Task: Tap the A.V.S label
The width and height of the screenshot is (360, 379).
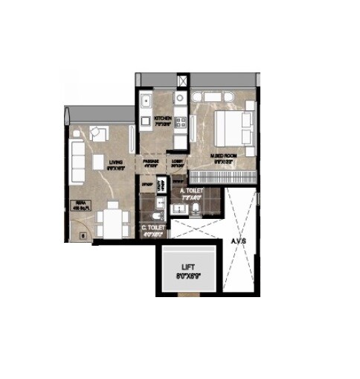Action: (238, 241)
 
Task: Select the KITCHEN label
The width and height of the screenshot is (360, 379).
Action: (164, 119)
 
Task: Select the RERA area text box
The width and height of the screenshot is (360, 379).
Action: (80, 208)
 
